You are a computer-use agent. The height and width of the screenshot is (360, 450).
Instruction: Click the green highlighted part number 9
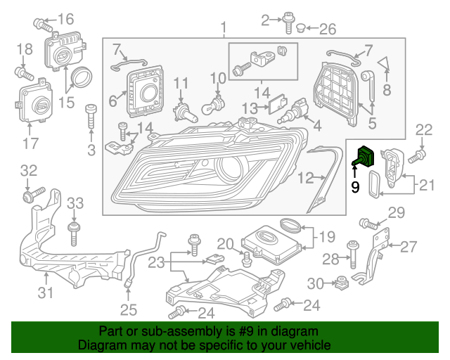365,159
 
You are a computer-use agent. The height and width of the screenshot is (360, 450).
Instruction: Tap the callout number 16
65,19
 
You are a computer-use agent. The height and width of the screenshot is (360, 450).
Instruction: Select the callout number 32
27,170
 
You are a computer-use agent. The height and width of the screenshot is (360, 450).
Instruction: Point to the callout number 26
328,30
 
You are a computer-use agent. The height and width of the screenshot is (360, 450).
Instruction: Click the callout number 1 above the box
224,28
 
